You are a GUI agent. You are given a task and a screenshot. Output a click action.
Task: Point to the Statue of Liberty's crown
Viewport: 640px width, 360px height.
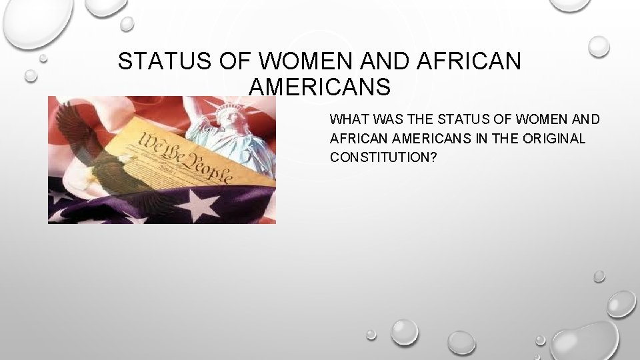pyautogui.click(x=230, y=107)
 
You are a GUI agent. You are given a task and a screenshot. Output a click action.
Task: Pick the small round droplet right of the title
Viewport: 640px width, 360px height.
pyautogui.click(x=599, y=45)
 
